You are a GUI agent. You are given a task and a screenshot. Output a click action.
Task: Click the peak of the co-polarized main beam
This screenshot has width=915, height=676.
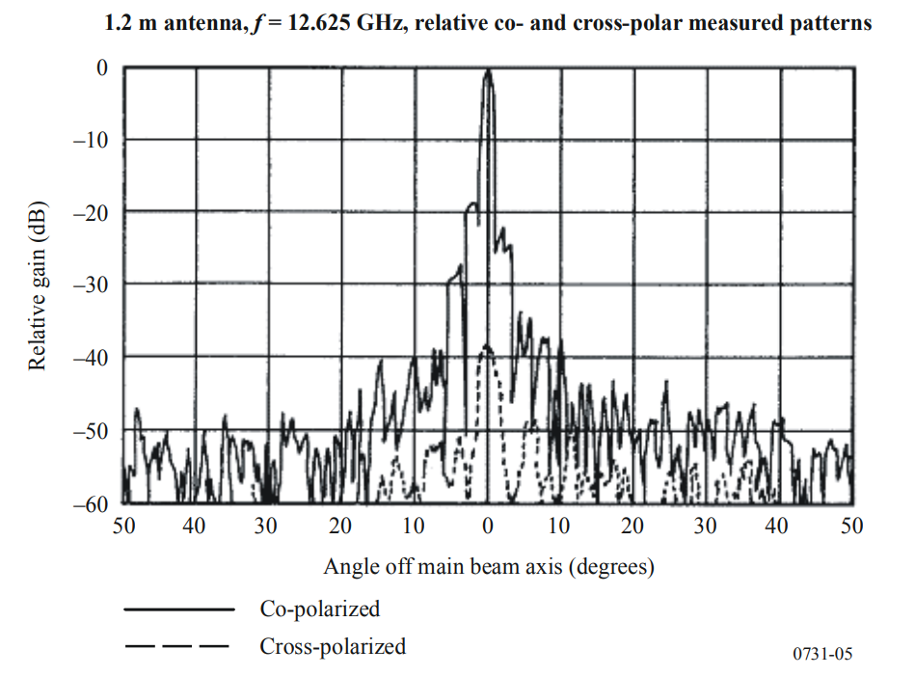tap(489, 71)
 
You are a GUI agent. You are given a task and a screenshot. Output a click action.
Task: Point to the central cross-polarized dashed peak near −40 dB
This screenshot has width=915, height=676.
tap(487, 348)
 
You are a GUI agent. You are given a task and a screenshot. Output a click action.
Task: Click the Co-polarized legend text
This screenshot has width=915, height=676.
tap(319, 609)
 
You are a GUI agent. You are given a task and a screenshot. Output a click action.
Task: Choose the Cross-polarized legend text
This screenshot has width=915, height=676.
tap(333, 646)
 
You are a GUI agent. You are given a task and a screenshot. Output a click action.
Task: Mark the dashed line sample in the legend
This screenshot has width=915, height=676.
tap(177, 646)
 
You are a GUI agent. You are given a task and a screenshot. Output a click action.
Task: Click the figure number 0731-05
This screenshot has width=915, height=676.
tap(822, 655)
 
